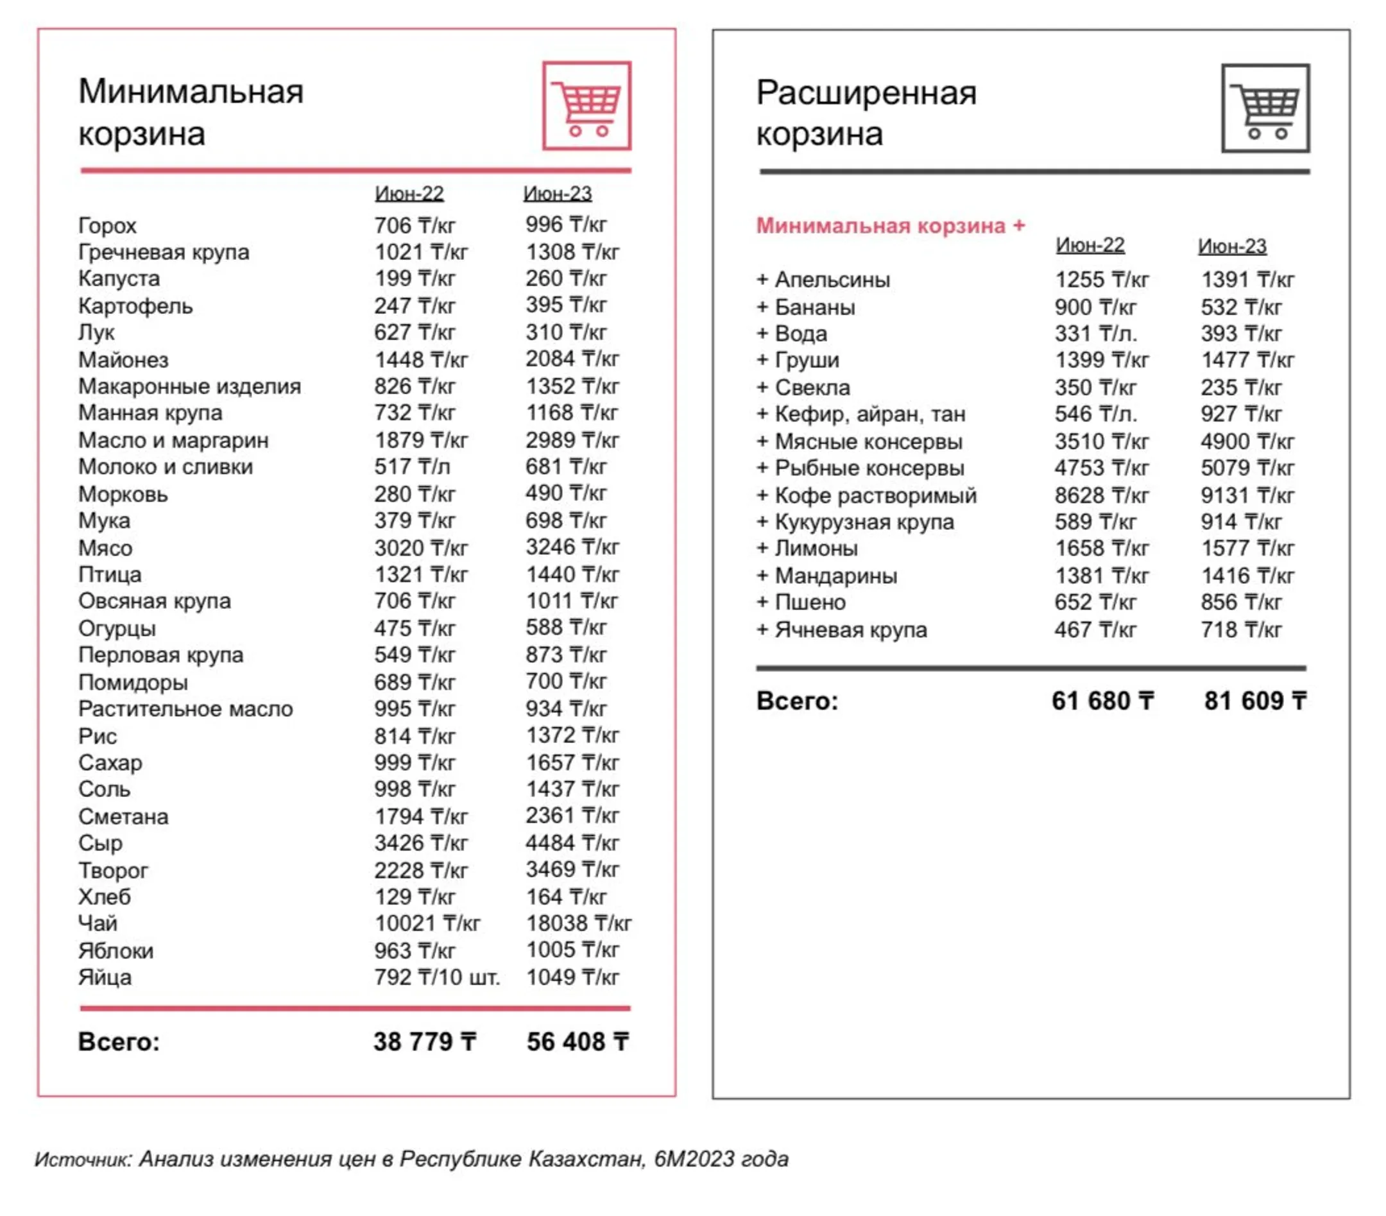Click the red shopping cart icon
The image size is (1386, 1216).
(x=586, y=106)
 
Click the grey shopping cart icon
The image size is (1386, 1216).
(x=1265, y=108)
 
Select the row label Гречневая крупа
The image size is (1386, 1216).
(x=164, y=252)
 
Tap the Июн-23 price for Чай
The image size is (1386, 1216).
(x=578, y=923)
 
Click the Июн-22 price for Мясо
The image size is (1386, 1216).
(x=421, y=548)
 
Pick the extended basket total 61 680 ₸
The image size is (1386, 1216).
(x=1102, y=701)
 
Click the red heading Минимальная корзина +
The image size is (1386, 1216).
(x=891, y=226)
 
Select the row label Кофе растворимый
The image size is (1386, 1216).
(x=867, y=496)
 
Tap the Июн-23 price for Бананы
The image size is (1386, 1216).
(x=1241, y=307)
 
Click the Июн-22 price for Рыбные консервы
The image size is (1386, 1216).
(x=1101, y=468)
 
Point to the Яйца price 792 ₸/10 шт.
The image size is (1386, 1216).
(x=437, y=978)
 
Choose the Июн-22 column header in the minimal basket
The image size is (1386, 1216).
(x=409, y=194)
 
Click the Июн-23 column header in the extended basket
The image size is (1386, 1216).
(x=1232, y=246)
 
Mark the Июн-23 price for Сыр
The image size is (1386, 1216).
(x=572, y=843)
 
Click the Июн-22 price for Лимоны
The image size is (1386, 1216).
(x=1101, y=549)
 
